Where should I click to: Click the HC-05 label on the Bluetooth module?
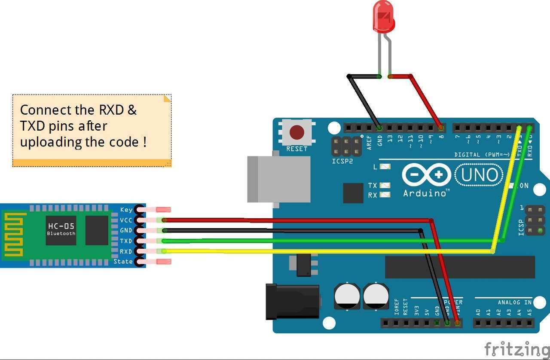(x=61, y=226)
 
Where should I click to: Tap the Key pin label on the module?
(x=126, y=210)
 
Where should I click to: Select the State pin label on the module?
(x=123, y=262)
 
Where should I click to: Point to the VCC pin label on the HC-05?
(x=126, y=220)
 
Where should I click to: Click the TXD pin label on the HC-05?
(x=126, y=241)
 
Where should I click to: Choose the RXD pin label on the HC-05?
(x=126, y=251)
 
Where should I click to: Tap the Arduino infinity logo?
(x=426, y=175)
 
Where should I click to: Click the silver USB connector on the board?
(x=278, y=179)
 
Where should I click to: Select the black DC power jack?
(x=292, y=301)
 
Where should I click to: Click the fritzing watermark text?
(x=516, y=348)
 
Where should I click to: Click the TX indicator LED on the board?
(x=385, y=186)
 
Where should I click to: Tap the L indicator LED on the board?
(x=385, y=167)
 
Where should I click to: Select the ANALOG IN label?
(x=515, y=302)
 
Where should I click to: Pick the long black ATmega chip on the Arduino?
(x=460, y=267)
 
